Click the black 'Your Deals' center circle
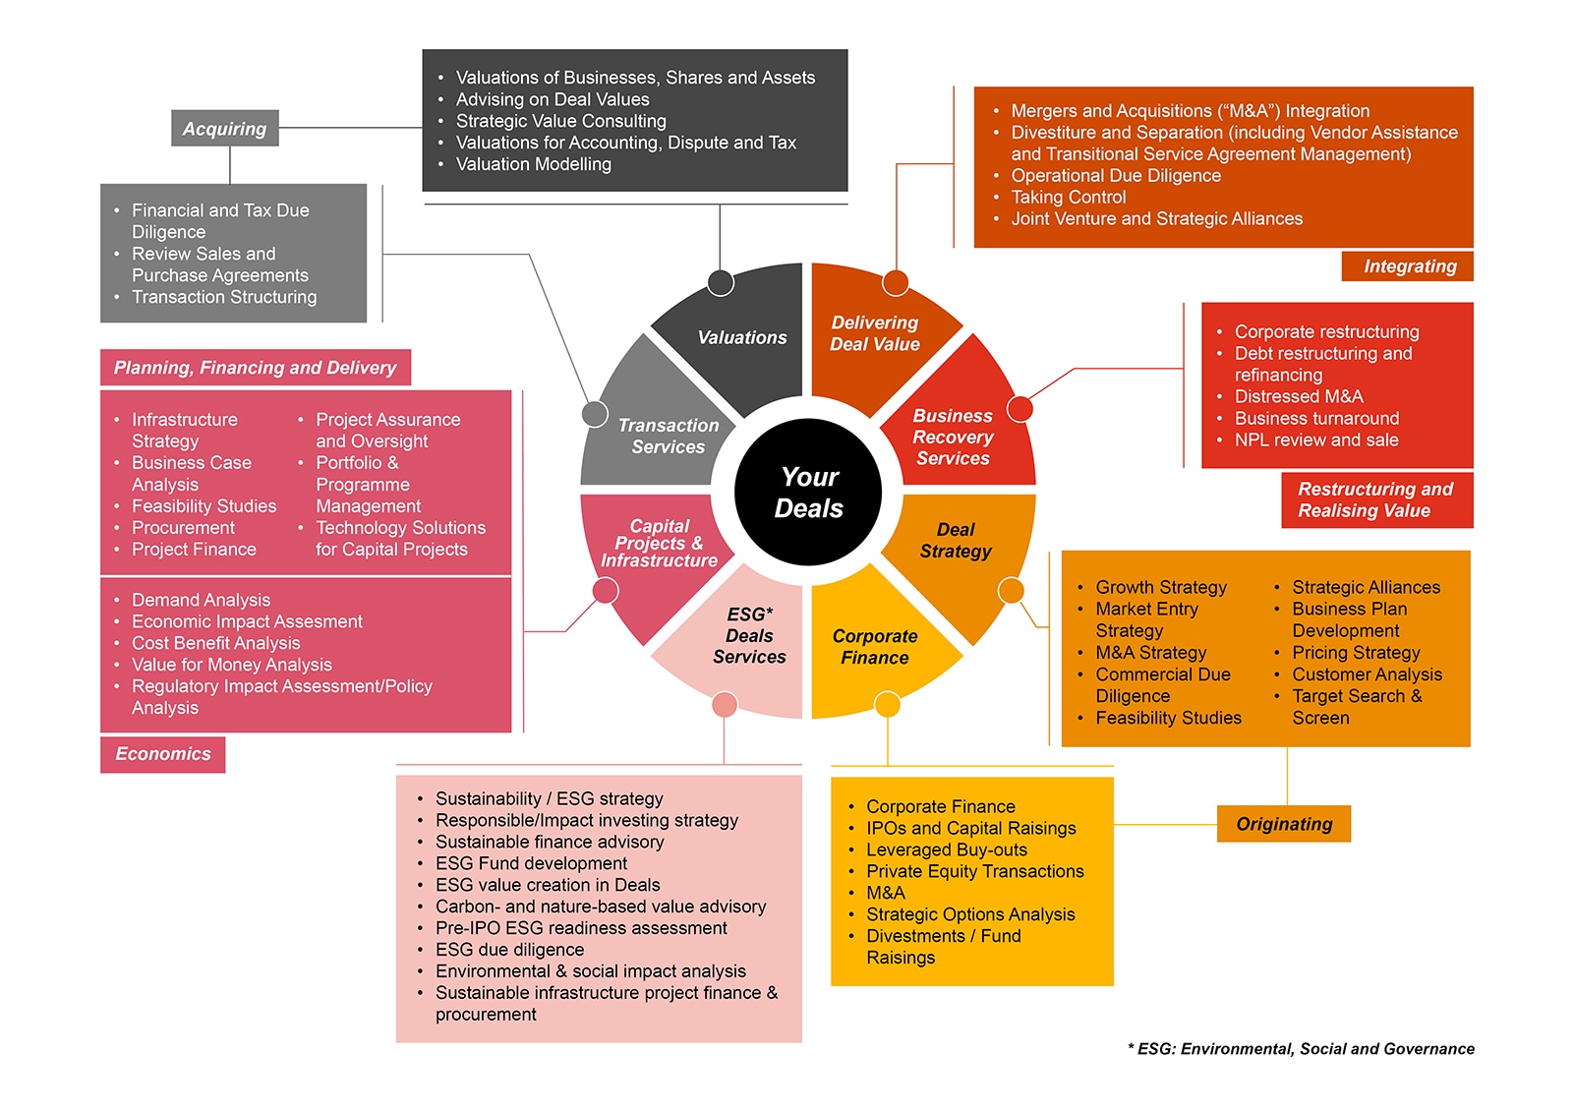pyautogui.click(x=808, y=492)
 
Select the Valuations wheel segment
pyautogui.click(x=742, y=338)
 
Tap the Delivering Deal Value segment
pyautogui.click(x=874, y=333)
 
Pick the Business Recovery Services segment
pyautogui.click(x=953, y=437)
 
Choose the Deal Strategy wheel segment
pyautogui.click(x=956, y=541)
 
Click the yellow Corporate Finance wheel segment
pyautogui.click(x=874, y=647)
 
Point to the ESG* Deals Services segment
pyautogui.click(x=748, y=635)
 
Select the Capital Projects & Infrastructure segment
pyautogui.click(x=659, y=544)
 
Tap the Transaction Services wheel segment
pyautogui.click(x=669, y=436)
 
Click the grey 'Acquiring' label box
pyautogui.click(x=225, y=129)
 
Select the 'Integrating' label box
pyautogui.click(x=1409, y=266)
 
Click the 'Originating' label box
pyautogui.click(x=1284, y=824)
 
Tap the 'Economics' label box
pyautogui.click(x=163, y=754)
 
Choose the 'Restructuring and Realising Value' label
pyautogui.click(x=1376, y=499)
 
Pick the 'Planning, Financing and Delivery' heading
pyautogui.click(x=255, y=368)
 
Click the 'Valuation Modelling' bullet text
pyautogui.click(x=533, y=164)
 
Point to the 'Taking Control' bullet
pyautogui.click(x=1069, y=197)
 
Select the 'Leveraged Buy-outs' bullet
pyautogui.click(x=946, y=849)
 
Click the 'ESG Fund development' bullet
pyautogui.click(x=531, y=863)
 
